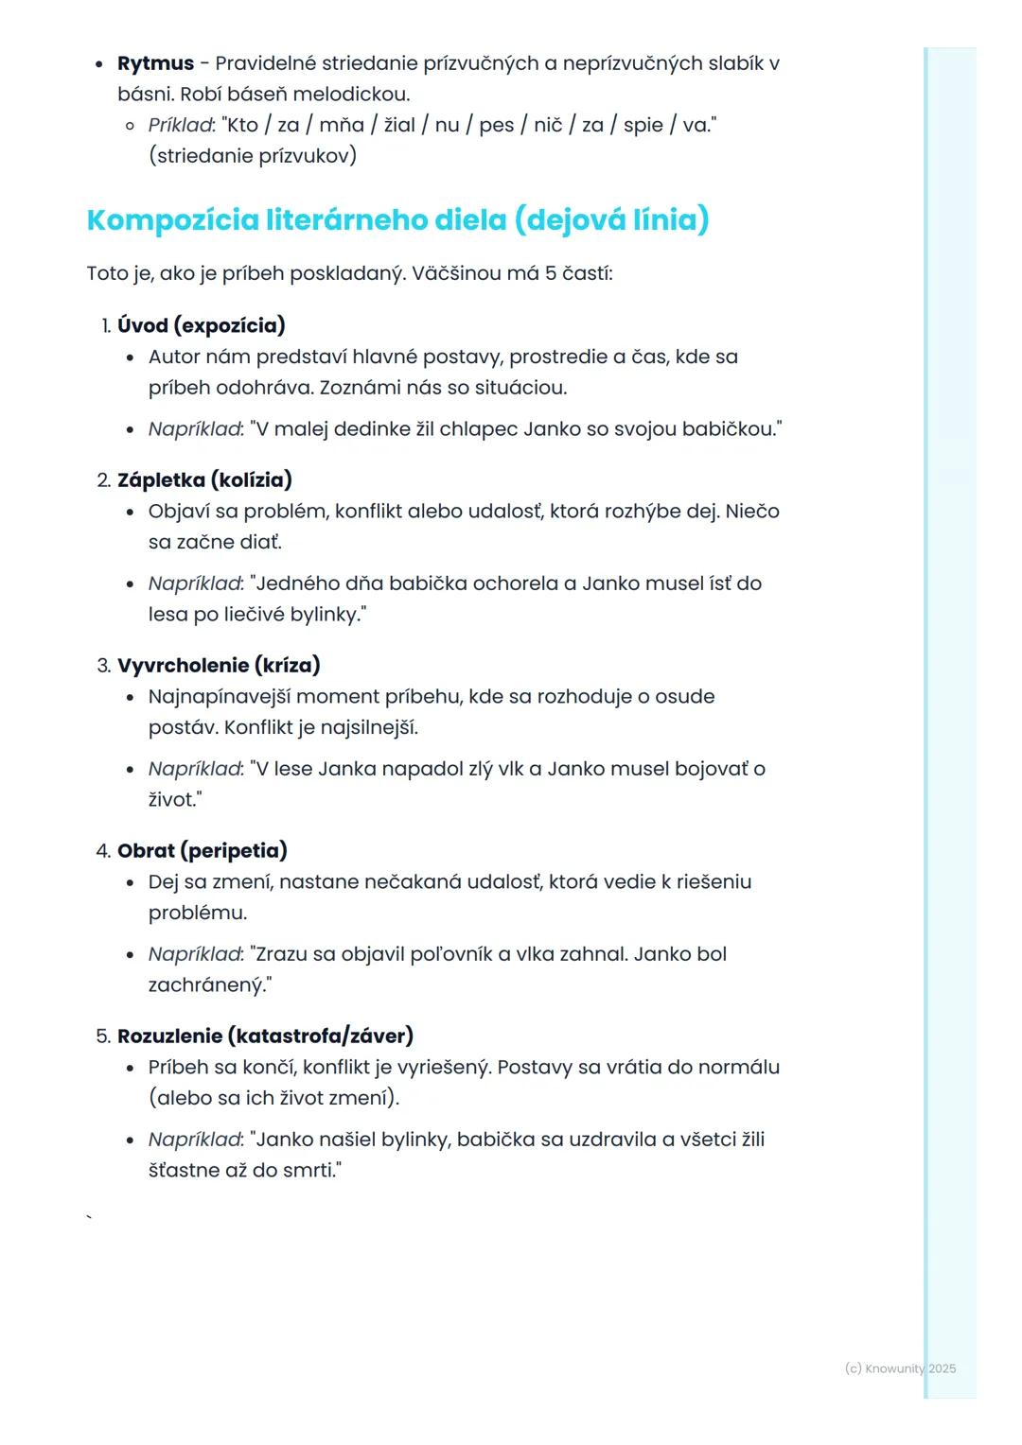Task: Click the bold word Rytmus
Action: coord(155,63)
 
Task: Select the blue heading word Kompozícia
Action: coord(172,219)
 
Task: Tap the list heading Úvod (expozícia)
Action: coord(201,325)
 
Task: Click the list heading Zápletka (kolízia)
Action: coord(204,479)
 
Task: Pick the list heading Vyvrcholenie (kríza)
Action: coord(219,665)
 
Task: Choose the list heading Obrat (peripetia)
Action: coord(202,850)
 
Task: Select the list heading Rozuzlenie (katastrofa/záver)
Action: coord(265,1036)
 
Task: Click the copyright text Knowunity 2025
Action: coord(900,1368)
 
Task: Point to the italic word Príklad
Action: coord(181,125)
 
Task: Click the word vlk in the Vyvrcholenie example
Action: coord(510,768)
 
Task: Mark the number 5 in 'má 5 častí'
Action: coord(550,273)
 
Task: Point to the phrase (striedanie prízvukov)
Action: coord(253,155)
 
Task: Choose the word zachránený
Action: coord(205,984)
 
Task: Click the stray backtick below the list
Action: coord(90,1217)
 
